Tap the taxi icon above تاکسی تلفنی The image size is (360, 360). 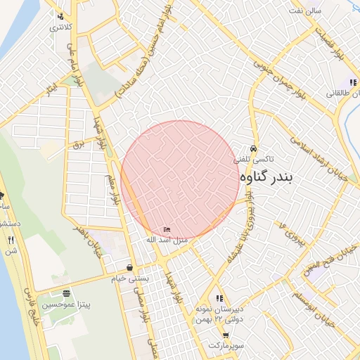point(254,149)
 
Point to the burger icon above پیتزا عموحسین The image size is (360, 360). point(66,293)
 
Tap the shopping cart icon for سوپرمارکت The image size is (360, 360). point(226,335)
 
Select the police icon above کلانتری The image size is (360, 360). point(61,16)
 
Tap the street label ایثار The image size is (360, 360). point(51,87)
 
